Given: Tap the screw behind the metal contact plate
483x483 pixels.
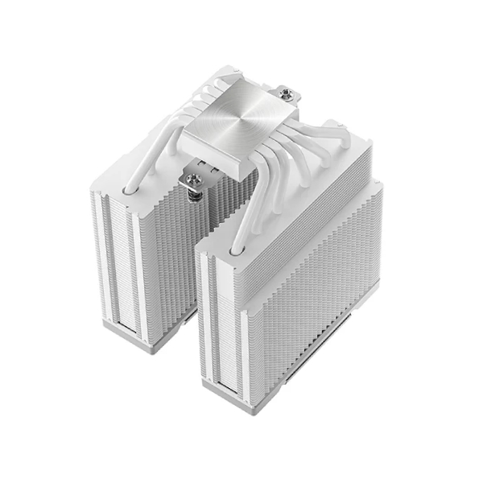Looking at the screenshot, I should (x=287, y=95).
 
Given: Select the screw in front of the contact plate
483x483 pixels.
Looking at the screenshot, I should (x=193, y=179).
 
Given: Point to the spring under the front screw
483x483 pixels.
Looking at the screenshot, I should (x=194, y=194).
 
